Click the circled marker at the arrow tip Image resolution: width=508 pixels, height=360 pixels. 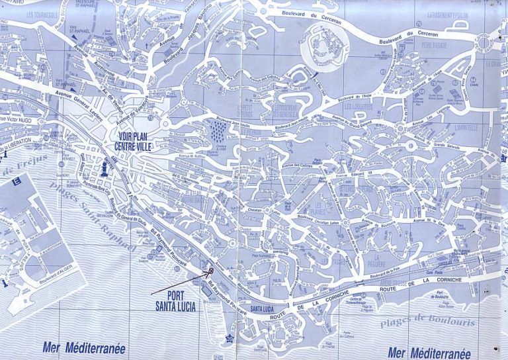point(211,270)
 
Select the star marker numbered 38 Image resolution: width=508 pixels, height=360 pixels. point(229,338)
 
